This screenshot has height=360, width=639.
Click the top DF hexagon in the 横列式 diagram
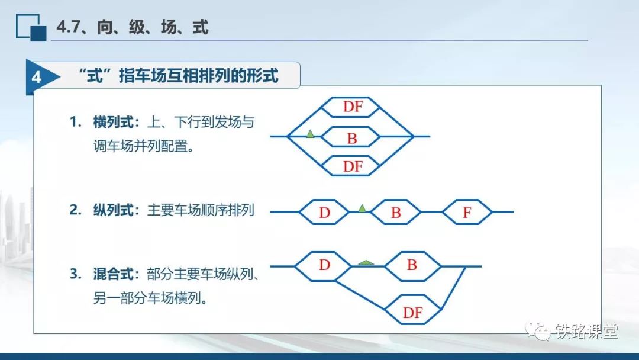pyautogui.click(x=351, y=107)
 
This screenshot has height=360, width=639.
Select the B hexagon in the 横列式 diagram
pyautogui.click(x=351, y=137)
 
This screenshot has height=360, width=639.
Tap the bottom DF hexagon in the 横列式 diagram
pyautogui.click(x=351, y=166)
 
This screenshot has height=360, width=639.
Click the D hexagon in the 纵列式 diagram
pyautogui.click(x=324, y=212)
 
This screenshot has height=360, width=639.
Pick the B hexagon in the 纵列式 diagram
pyautogui.click(x=396, y=212)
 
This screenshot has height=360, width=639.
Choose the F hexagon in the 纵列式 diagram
pyautogui.click(x=467, y=212)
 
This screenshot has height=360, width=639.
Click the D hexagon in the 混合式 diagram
pyautogui.click(x=323, y=266)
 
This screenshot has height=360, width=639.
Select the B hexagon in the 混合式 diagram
pyautogui.click(x=413, y=266)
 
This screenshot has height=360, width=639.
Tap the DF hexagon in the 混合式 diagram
pyautogui.click(x=413, y=310)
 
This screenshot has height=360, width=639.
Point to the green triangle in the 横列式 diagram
pyautogui.click(x=310, y=134)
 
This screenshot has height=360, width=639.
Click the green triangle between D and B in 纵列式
pyautogui.click(x=362, y=208)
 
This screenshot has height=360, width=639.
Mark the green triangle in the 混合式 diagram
pyautogui.click(x=366, y=262)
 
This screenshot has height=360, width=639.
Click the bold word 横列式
pyautogui.click(x=113, y=122)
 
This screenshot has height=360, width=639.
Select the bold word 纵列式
pyautogui.click(x=113, y=210)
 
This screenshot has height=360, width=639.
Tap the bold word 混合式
pyautogui.click(x=113, y=274)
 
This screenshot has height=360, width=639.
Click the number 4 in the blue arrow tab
pyautogui.click(x=37, y=77)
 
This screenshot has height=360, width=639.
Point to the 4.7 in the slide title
pyautogui.click(x=67, y=27)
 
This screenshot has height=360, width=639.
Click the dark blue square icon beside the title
pyautogui.click(x=38, y=33)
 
